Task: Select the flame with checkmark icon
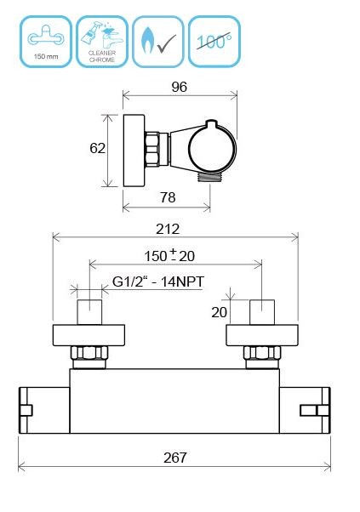(x=157, y=40)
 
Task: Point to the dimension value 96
(x=179, y=86)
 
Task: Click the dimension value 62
(x=97, y=148)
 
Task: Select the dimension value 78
(x=168, y=197)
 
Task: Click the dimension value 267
(x=174, y=458)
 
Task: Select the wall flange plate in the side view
(x=133, y=151)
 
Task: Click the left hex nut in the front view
(x=89, y=354)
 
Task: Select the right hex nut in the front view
(x=260, y=354)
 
